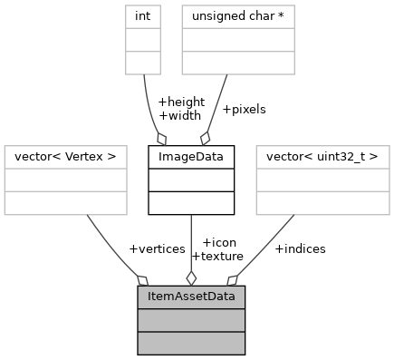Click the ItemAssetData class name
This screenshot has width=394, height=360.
(x=191, y=297)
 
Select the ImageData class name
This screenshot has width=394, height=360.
(x=191, y=156)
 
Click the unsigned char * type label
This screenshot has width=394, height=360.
(x=238, y=15)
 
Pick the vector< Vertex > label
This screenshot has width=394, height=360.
(x=61, y=156)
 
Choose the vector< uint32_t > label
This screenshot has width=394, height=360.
(x=322, y=156)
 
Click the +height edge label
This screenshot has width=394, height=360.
(x=181, y=102)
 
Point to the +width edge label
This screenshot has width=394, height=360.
(x=178, y=115)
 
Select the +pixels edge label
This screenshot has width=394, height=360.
(x=244, y=109)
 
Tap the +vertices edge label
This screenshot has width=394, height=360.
(x=157, y=248)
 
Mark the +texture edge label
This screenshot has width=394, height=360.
(x=216, y=256)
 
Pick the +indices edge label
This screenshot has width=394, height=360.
(x=300, y=248)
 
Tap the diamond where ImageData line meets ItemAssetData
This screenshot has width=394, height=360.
(x=191, y=277)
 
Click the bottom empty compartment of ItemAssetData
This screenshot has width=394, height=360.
(x=191, y=342)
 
